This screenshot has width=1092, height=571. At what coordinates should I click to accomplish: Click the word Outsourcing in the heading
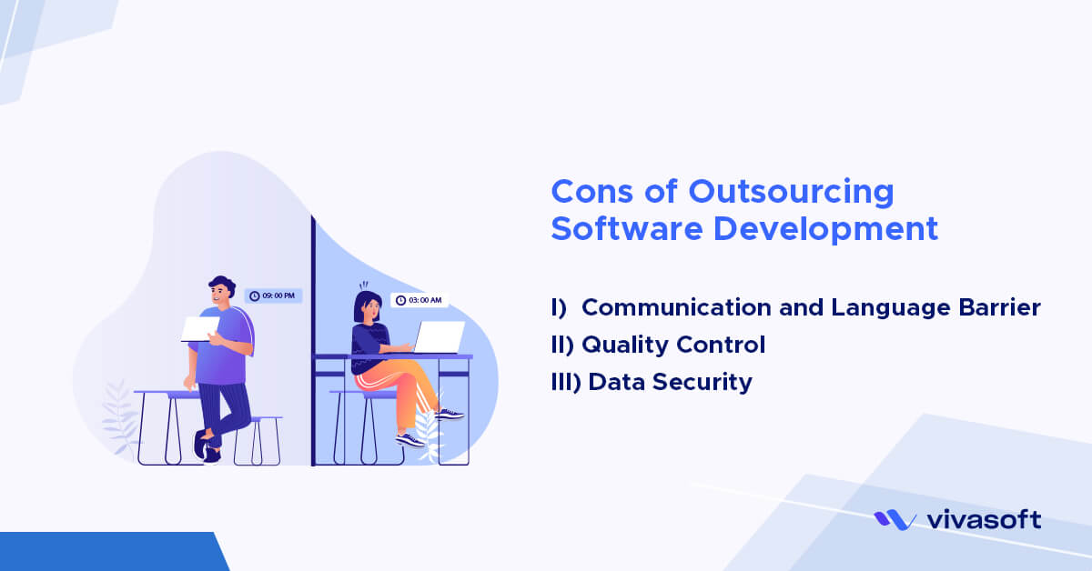coord(791,192)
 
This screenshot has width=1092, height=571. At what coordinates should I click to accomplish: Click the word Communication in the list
coord(674,307)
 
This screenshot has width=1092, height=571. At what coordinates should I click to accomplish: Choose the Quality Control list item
coord(672,345)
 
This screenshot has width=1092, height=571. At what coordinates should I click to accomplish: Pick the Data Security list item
coord(670,382)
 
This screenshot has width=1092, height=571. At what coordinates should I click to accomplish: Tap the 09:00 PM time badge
coord(273,296)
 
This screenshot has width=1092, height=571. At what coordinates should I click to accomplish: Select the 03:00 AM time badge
coord(420,299)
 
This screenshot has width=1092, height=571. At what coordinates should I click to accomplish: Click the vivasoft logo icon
coord(895,520)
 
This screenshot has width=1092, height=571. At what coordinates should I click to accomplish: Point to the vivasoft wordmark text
coord(983,520)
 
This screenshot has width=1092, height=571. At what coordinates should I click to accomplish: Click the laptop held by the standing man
coord(200,328)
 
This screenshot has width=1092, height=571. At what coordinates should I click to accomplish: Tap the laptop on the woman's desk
coord(439,336)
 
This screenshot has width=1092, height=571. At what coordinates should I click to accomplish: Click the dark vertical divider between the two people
coord(312,346)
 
